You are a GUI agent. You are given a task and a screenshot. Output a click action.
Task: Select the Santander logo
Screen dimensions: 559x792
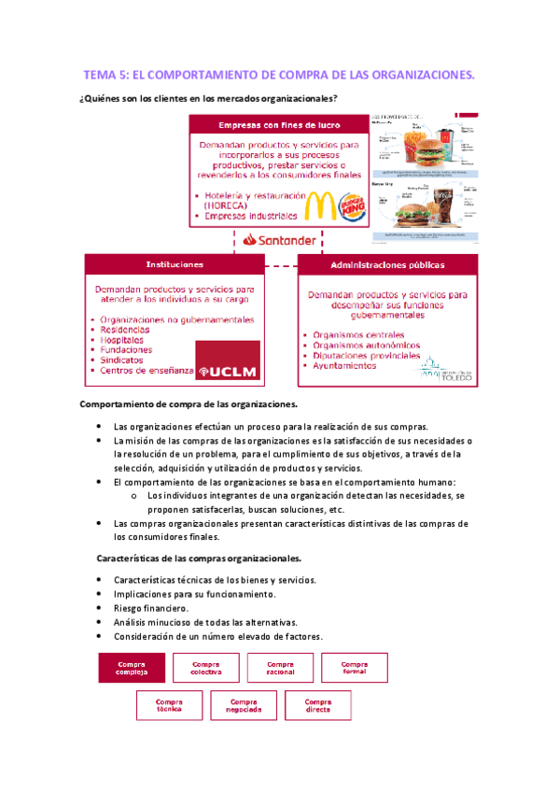(279, 239)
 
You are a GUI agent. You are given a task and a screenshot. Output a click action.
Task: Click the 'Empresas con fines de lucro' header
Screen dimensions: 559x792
(279, 125)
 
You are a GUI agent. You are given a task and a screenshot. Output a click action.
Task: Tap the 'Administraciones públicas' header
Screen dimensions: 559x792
(387, 264)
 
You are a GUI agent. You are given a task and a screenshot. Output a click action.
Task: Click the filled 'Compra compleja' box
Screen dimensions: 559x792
(131, 668)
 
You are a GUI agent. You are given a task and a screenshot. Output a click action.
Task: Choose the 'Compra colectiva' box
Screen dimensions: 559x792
(205, 668)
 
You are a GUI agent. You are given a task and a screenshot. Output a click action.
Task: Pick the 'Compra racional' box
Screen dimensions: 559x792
(280, 668)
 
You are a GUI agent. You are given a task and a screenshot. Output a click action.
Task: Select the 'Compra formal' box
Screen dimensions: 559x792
(355, 668)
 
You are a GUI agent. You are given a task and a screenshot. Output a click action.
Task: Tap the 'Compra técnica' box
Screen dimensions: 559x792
(169, 705)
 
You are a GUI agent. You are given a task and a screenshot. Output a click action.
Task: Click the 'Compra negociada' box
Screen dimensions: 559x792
(244, 705)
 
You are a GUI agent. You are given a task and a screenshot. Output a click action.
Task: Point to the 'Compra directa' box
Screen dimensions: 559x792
(318, 705)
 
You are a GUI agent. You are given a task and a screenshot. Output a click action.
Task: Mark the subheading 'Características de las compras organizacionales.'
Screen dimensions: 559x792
(200, 559)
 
